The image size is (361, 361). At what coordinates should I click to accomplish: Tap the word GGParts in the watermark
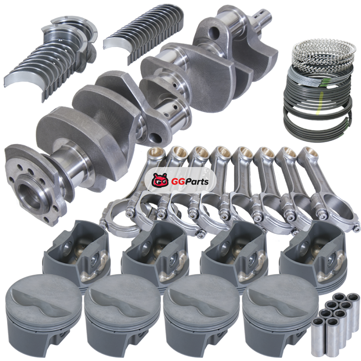pyautogui.click(x=190, y=182)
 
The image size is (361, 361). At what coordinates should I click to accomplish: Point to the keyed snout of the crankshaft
pyautogui.click(x=263, y=16)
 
